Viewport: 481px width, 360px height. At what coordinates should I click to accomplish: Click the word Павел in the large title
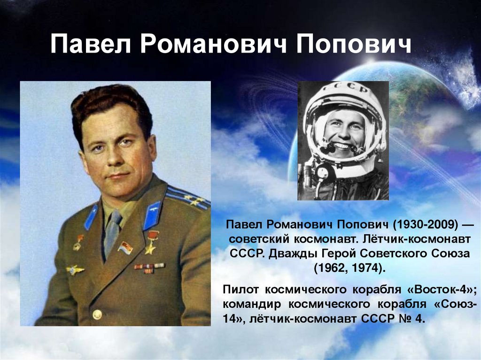(x=91, y=44)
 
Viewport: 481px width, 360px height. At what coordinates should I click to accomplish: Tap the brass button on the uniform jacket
(x=97, y=314)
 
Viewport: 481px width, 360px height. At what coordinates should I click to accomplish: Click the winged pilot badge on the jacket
(x=75, y=270)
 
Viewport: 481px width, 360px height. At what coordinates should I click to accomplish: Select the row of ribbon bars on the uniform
(x=149, y=268)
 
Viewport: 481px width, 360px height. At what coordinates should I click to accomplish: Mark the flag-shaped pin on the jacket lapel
(x=125, y=248)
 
